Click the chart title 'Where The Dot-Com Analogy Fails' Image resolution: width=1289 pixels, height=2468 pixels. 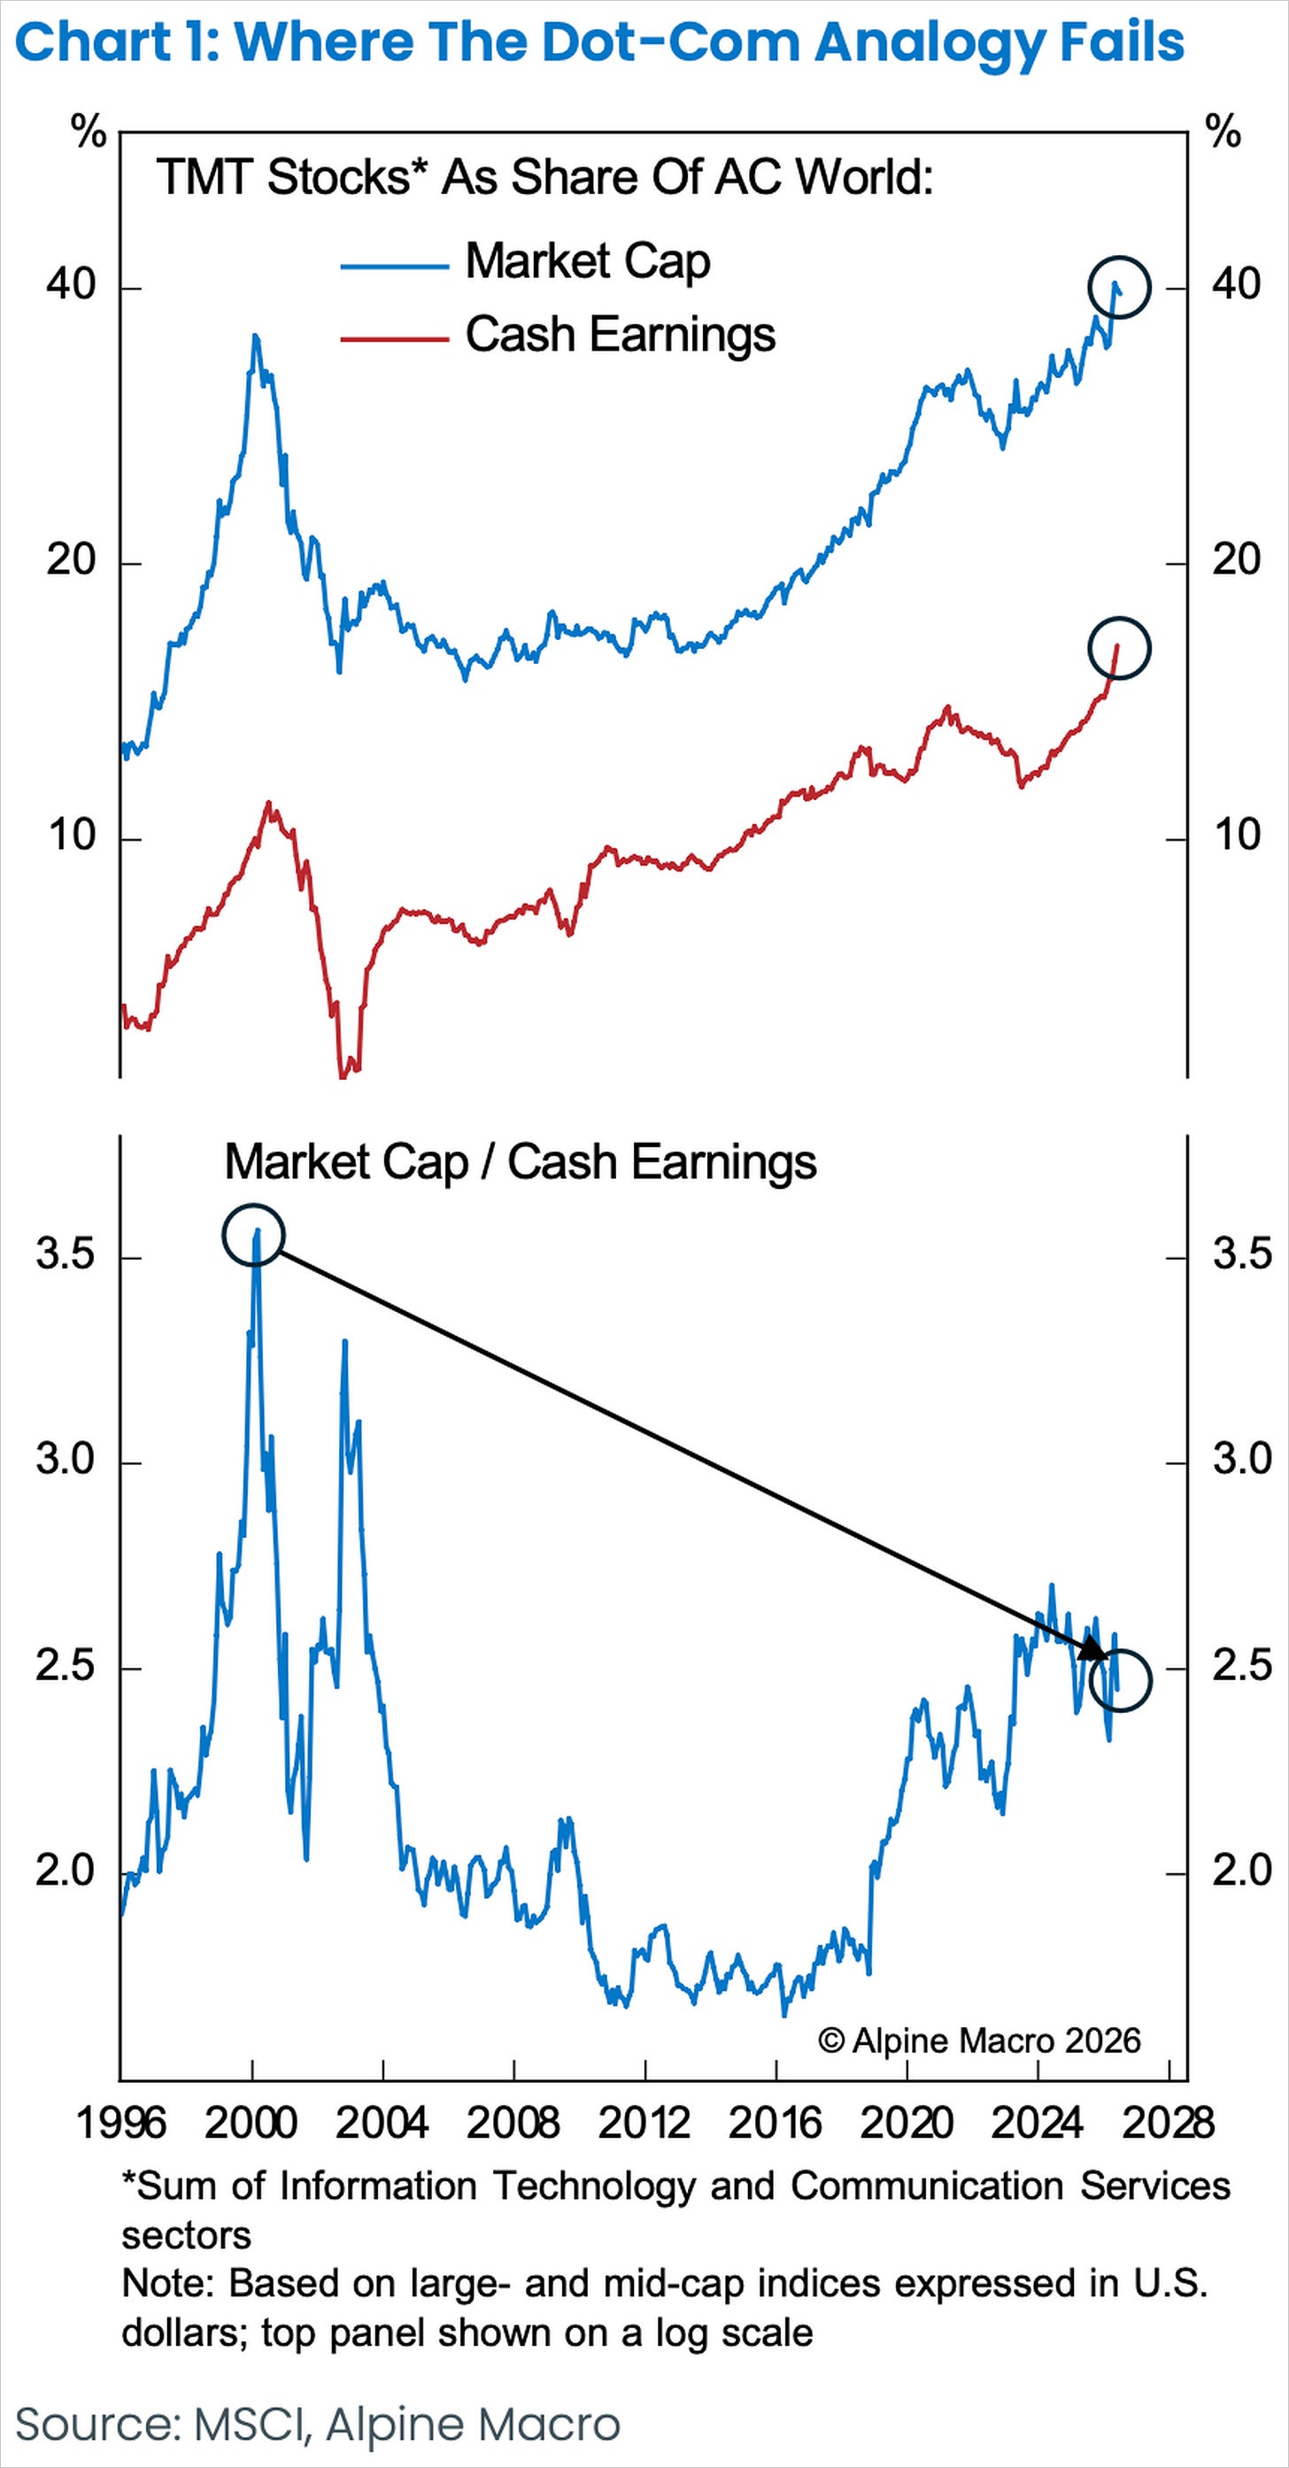[x=709, y=43]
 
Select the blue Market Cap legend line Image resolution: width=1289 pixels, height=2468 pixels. [x=395, y=266]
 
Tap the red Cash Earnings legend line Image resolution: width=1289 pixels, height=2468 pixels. [x=395, y=338]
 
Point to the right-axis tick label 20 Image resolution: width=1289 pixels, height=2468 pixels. [x=1236, y=559]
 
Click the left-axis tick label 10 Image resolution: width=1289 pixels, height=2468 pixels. [x=72, y=836]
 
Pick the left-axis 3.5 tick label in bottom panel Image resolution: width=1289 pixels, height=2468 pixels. [x=66, y=1254]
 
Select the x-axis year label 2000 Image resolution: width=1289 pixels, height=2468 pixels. [x=251, y=2123]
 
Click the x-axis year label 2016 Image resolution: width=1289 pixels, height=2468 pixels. [x=776, y=2123]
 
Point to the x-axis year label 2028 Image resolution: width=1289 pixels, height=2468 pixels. [x=1169, y=2123]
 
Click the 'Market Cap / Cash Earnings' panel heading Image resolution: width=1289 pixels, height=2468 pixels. [x=521, y=1162]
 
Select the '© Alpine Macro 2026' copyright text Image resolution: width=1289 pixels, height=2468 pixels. [x=979, y=2040]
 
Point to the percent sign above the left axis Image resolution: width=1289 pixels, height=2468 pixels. [x=89, y=131]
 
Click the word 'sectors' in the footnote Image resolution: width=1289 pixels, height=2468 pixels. [x=186, y=2236]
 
